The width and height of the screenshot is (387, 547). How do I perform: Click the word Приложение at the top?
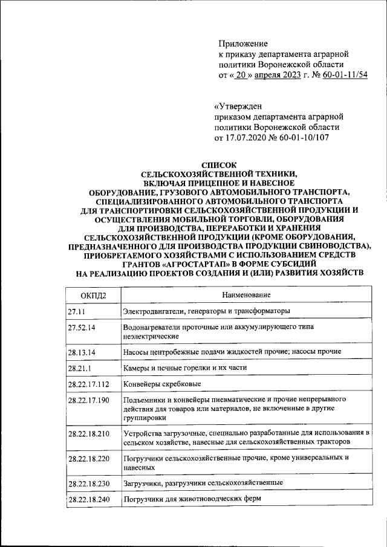coord(242,44)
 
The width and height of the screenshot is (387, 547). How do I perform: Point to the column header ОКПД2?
coord(93,294)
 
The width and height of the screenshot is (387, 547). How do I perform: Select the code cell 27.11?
coord(77,311)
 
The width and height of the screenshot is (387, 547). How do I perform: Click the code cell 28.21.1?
coord(80,367)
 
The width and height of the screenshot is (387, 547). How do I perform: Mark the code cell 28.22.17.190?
coord(89,401)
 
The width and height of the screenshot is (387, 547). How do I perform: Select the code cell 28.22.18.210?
coord(89,434)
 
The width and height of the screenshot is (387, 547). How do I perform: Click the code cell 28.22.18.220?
coord(89,459)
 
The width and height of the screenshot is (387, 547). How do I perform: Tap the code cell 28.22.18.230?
coord(89,484)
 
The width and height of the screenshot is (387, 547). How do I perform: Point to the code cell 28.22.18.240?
coord(89,500)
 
